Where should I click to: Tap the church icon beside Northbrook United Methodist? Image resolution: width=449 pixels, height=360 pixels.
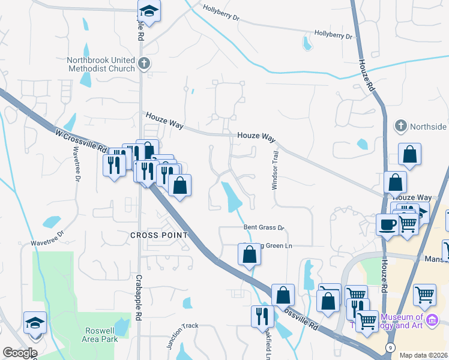click(143, 62)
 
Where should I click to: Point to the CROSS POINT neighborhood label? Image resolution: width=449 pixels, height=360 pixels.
click(159, 235)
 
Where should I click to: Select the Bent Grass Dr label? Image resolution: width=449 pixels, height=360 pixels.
click(263, 228)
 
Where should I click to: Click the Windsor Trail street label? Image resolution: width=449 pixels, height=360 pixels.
click(276, 170)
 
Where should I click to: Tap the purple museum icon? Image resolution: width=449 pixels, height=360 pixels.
click(432, 322)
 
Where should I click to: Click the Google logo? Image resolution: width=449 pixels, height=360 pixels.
click(20, 353)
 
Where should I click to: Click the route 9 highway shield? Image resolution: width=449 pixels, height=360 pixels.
click(390, 347)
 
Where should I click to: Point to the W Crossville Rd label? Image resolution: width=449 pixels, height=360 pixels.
click(81, 141)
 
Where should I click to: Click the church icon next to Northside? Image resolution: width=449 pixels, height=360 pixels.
click(400, 126)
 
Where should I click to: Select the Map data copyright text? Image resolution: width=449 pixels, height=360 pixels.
click(424, 355)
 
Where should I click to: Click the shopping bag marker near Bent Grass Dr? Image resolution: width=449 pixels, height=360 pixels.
click(249, 254)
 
